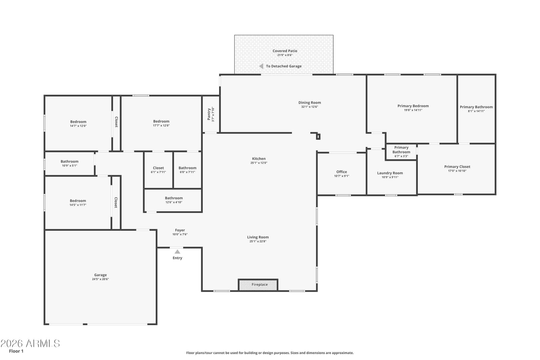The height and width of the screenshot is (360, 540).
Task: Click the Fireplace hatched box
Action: (x=258, y=285)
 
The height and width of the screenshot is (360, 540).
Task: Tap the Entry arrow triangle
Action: (x=177, y=252)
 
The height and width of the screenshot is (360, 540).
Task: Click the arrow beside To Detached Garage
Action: (x=261, y=66)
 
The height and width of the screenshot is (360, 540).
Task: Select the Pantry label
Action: (x=209, y=114)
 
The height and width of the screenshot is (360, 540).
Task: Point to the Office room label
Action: (x=342, y=172)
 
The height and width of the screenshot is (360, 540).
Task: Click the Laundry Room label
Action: (x=390, y=173)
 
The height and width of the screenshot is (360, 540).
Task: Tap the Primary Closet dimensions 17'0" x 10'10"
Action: (x=457, y=171)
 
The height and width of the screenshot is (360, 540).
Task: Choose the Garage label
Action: (x=100, y=275)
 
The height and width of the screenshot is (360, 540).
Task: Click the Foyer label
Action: (x=180, y=230)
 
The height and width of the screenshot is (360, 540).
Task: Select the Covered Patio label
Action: (x=285, y=51)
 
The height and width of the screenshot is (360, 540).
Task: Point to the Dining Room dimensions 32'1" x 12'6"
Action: (x=309, y=107)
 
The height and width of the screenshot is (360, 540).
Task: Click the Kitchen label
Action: (x=259, y=159)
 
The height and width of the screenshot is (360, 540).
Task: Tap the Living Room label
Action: (x=258, y=237)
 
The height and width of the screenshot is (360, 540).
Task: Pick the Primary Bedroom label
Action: (x=413, y=106)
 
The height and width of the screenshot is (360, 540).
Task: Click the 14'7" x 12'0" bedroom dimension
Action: (x=78, y=126)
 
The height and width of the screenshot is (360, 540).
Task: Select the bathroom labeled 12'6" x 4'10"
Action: (x=173, y=200)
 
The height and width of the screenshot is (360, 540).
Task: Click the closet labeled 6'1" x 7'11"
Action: (x=158, y=170)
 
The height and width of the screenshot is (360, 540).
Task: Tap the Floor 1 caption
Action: (x=16, y=351)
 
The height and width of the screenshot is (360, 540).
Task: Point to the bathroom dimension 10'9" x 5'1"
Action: (x=70, y=166)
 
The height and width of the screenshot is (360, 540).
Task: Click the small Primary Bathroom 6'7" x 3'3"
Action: (x=401, y=151)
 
